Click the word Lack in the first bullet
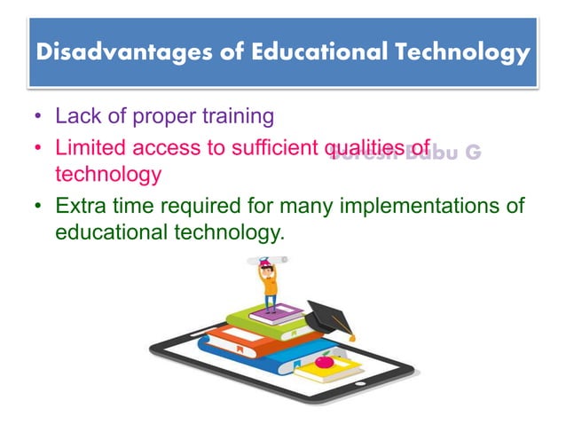pos(75,116)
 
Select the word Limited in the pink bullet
pos(86,147)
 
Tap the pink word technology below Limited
pos(107,173)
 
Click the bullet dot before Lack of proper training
pos(38,117)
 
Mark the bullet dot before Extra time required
pos(38,208)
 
